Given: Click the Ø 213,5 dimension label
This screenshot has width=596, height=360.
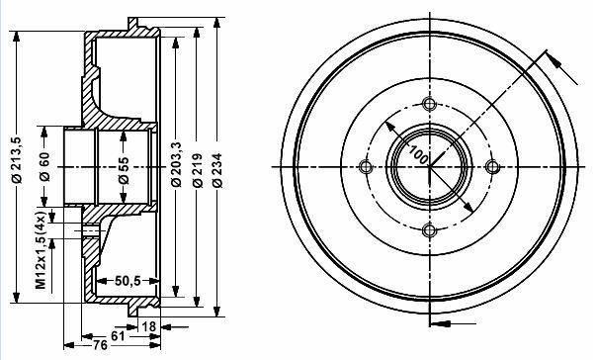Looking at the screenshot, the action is (18, 159).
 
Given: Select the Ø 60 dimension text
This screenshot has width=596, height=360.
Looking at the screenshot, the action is (44, 166).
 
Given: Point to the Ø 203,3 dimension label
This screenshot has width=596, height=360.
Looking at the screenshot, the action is (176, 164).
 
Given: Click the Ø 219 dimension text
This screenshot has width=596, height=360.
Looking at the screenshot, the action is (197, 170).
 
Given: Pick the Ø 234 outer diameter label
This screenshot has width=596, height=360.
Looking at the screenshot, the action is (217, 170).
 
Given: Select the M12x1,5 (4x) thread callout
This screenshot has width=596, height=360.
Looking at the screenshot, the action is (42, 249).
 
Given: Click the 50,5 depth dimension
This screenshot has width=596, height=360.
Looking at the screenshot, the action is (128, 281).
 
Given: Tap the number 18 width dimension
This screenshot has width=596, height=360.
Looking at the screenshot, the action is (148, 326).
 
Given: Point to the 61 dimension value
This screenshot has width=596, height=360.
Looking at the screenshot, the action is (118, 336).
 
